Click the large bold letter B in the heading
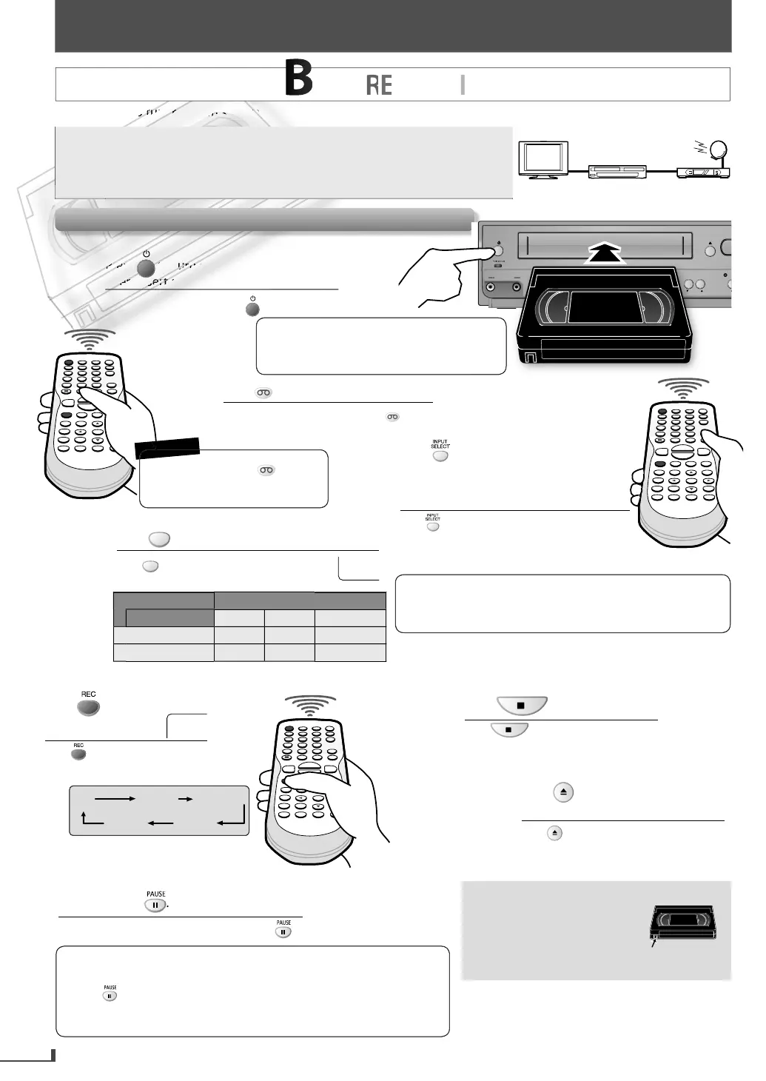click(x=299, y=80)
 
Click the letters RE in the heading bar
click(x=379, y=86)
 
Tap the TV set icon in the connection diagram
click(x=544, y=159)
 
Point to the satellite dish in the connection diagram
click(x=717, y=150)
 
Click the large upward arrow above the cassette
click(x=605, y=252)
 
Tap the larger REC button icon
click(x=88, y=706)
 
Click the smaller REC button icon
click(x=78, y=754)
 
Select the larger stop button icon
click(x=521, y=706)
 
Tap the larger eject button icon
click(x=564, y=793)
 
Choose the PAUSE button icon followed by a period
click(x=155, y=905)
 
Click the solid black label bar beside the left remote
click(x=167, y=446)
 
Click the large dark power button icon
click(x=146, y=267)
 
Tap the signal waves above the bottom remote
click(x=310, y=704)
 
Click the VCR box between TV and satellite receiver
click(x=617, y=172)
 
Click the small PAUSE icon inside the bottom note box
click(x=110, y=996)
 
